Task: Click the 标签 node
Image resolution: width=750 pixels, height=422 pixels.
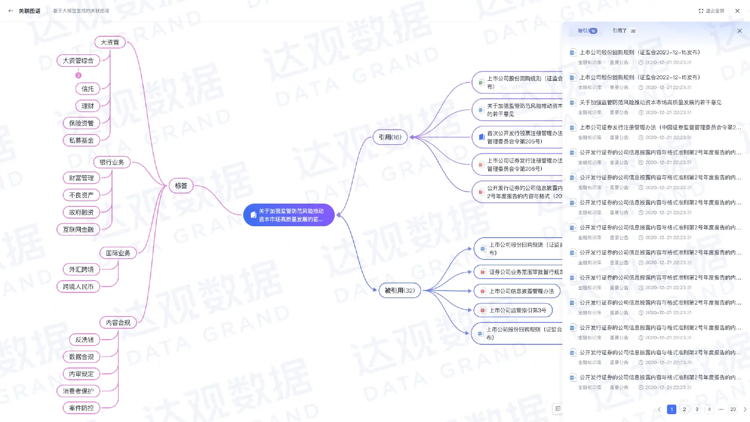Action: click(181, 186)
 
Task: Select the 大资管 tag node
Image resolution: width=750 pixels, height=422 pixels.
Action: click(110, 42)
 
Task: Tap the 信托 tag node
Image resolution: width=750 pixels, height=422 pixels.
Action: click(87, 89)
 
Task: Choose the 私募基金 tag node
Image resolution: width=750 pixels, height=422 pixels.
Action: click(81, 140)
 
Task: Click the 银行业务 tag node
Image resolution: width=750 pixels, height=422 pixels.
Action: click(112, 162)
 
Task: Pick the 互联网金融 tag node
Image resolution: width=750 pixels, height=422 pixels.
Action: click(78, 229)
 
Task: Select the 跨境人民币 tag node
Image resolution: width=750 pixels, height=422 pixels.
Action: click(78, 286)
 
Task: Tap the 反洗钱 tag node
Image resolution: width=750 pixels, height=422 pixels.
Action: click(84, 340)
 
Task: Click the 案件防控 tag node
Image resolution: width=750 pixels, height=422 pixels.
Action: click(81, 408)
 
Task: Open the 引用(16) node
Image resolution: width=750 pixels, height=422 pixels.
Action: click(390, 137)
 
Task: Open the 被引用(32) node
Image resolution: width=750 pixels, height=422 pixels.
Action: click(400, 290)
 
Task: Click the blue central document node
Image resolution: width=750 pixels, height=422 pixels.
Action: click(289, 215)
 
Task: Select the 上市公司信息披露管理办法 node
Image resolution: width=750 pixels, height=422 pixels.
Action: click(517, 291)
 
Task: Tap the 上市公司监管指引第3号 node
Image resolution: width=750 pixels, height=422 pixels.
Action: click(513, 310)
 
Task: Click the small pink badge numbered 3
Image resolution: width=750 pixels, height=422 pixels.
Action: click(79, 75)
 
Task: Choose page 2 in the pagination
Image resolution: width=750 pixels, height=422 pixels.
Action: click(684, 409)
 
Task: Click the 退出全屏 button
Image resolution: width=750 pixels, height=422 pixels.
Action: click(711, 11)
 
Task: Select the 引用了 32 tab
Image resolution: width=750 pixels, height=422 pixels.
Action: click(624, 31)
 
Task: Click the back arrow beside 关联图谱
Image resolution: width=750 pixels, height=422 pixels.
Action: click(11, 11)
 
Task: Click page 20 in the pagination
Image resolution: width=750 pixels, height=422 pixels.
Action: click(733, 409)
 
